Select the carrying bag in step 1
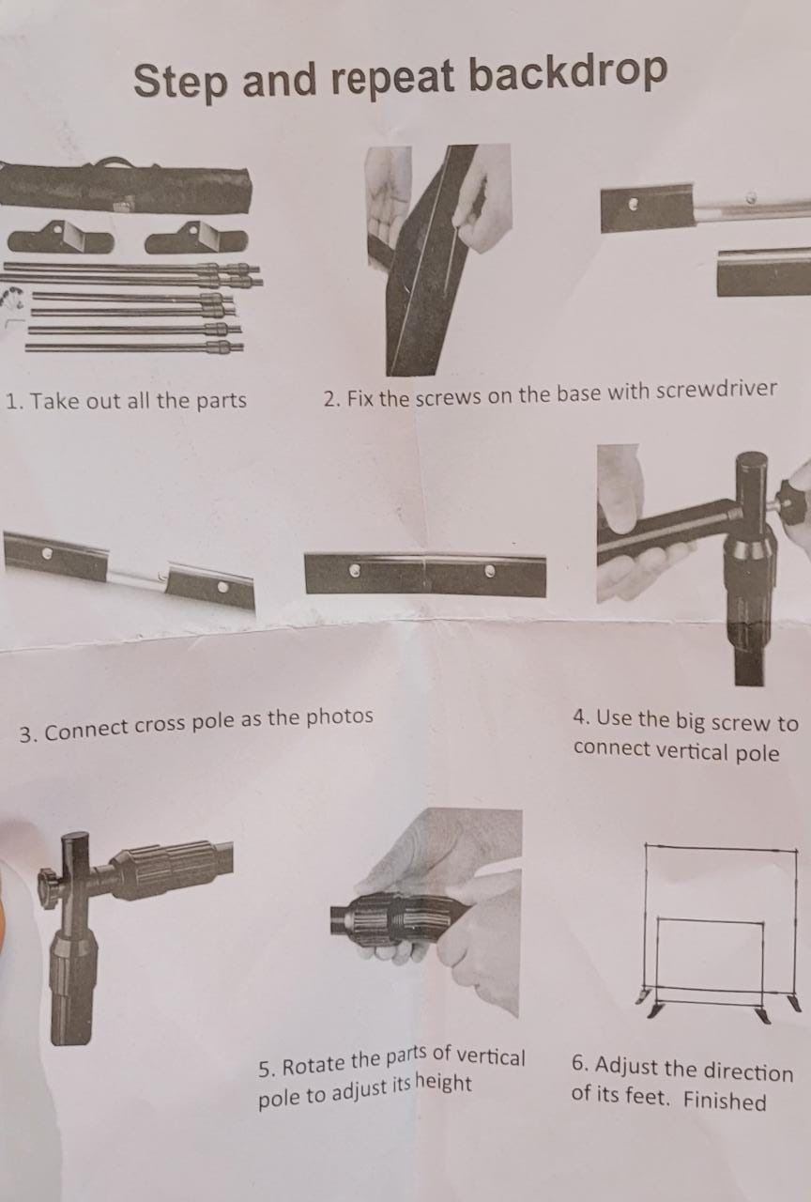pos(126,186)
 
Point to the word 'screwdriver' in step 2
pos(716,389)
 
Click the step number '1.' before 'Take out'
pos(14,400)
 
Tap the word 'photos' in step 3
pos(340,717)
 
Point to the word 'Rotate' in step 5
pos(314,1064)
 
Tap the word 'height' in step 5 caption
pos(444,1083)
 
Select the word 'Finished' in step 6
pos(725,1100)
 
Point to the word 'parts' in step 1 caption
pos(222,400)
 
